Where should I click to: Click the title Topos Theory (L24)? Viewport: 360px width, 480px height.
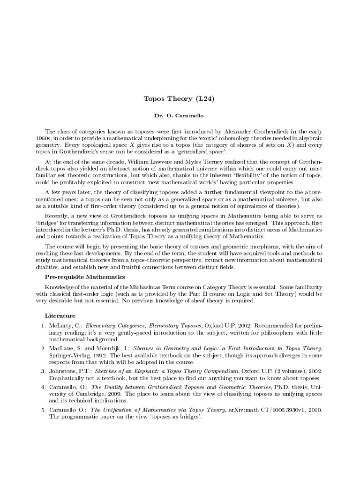[x=180, y=98]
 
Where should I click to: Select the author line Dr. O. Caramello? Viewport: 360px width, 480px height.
[x=180, y=115]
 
